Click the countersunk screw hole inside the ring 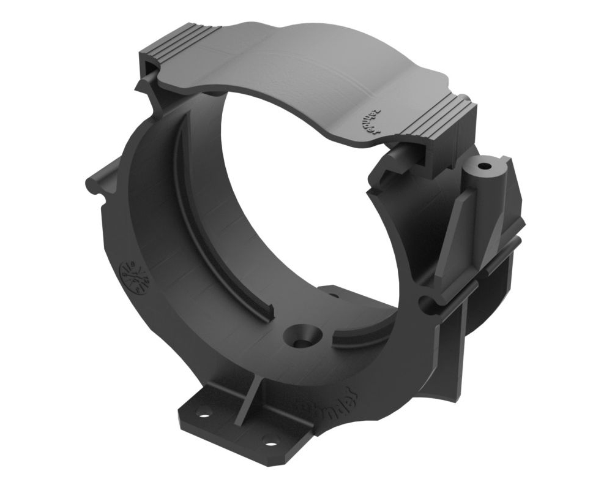[x=301, y=336]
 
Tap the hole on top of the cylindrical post [x=485, y=166]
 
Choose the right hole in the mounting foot [x=269, y=439]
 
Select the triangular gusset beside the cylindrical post [x=456, y=227]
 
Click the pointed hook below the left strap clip [x=147, y=86]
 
